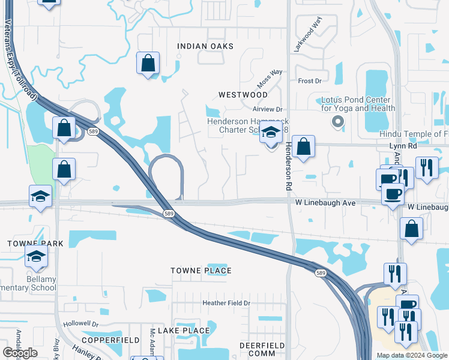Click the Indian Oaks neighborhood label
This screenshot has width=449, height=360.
205,46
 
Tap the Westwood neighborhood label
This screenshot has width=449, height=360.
243,95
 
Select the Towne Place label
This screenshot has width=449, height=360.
200,271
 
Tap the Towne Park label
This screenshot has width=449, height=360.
27,244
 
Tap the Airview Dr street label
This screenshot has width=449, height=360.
267,109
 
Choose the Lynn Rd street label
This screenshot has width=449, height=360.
403,146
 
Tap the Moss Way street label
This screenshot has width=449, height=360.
270,76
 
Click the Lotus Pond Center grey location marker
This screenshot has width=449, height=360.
337,122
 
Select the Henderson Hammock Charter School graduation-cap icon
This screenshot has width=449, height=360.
271,133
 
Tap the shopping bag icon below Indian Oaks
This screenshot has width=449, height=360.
148,63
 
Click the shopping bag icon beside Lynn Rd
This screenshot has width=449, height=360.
304,146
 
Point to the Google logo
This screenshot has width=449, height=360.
20,353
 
